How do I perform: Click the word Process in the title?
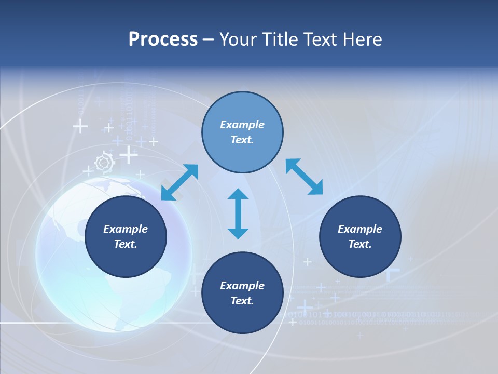(x=163, y=39)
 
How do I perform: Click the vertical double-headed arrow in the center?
(x=238, y=214)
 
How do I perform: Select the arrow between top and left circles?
(x=180, y=182)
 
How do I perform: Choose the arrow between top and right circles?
(x=304, y=177)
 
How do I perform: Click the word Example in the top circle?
(x=242, y=125)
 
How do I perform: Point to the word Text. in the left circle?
(x=126, y=244)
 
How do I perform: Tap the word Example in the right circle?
(x=360, y=229)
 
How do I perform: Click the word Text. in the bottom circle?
(x=242, y=301)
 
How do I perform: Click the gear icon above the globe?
(x=104, y=163)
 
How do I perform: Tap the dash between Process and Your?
(x=208, y=39)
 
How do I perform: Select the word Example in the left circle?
(x=126, y=229)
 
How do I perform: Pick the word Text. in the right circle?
(x=360, y=244)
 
